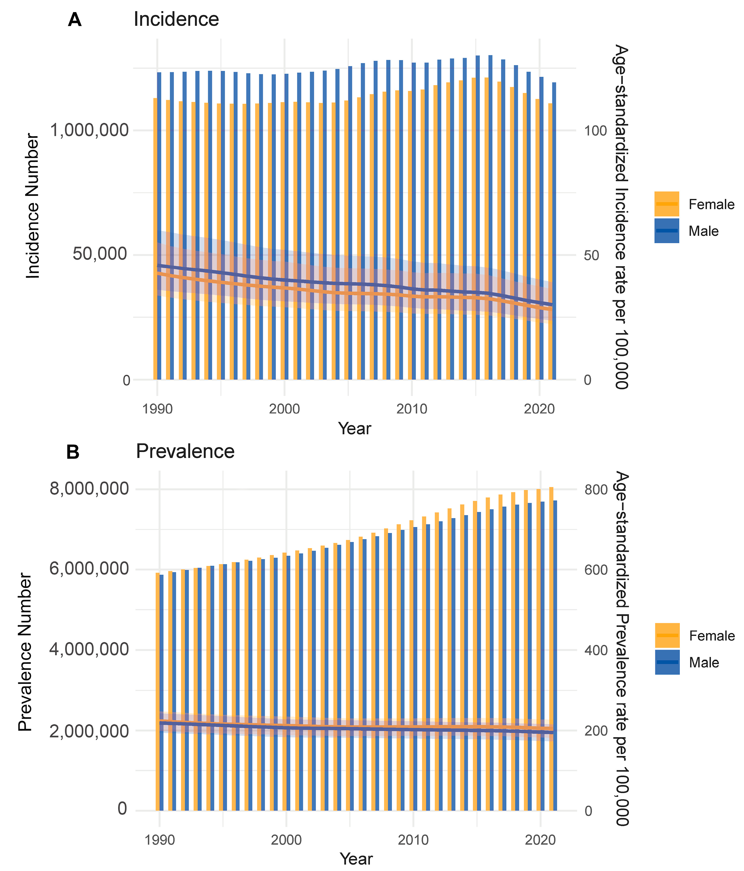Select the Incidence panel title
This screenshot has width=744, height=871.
(176, 19)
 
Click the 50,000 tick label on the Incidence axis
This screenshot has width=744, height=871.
(100, 254)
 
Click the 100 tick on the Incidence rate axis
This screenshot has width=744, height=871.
(595, 131)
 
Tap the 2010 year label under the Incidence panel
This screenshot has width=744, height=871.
(412, 409)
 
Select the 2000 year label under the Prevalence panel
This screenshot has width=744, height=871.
(286, 840)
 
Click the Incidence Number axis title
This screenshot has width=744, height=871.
(33, 206)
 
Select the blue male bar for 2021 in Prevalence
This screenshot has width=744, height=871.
(555, 656)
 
